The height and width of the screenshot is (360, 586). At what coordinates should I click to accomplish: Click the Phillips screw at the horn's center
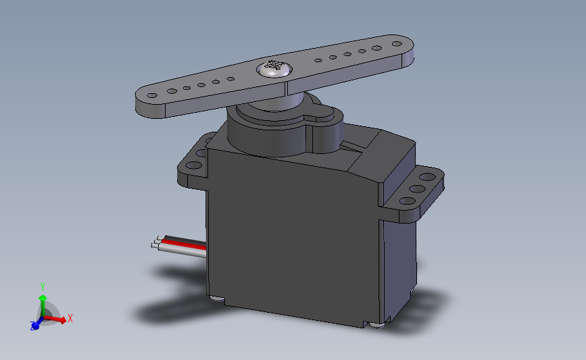click(x=273, y=68)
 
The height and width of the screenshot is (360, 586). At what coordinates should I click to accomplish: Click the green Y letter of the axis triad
click(x=42, y=286)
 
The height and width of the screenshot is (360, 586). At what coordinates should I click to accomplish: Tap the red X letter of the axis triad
click(x=70, y=318)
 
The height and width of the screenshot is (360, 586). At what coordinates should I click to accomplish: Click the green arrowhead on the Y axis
click(x=42, y=298)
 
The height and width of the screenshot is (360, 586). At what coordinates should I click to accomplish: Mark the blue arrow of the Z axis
click(x=36, y=325)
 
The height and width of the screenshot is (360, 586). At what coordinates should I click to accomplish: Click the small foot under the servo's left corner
click(x=216, y=298)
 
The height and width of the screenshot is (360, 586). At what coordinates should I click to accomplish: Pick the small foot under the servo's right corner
click(x=376, y=325)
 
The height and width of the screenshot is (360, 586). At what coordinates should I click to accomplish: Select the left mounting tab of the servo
click(x=193, y=165)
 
